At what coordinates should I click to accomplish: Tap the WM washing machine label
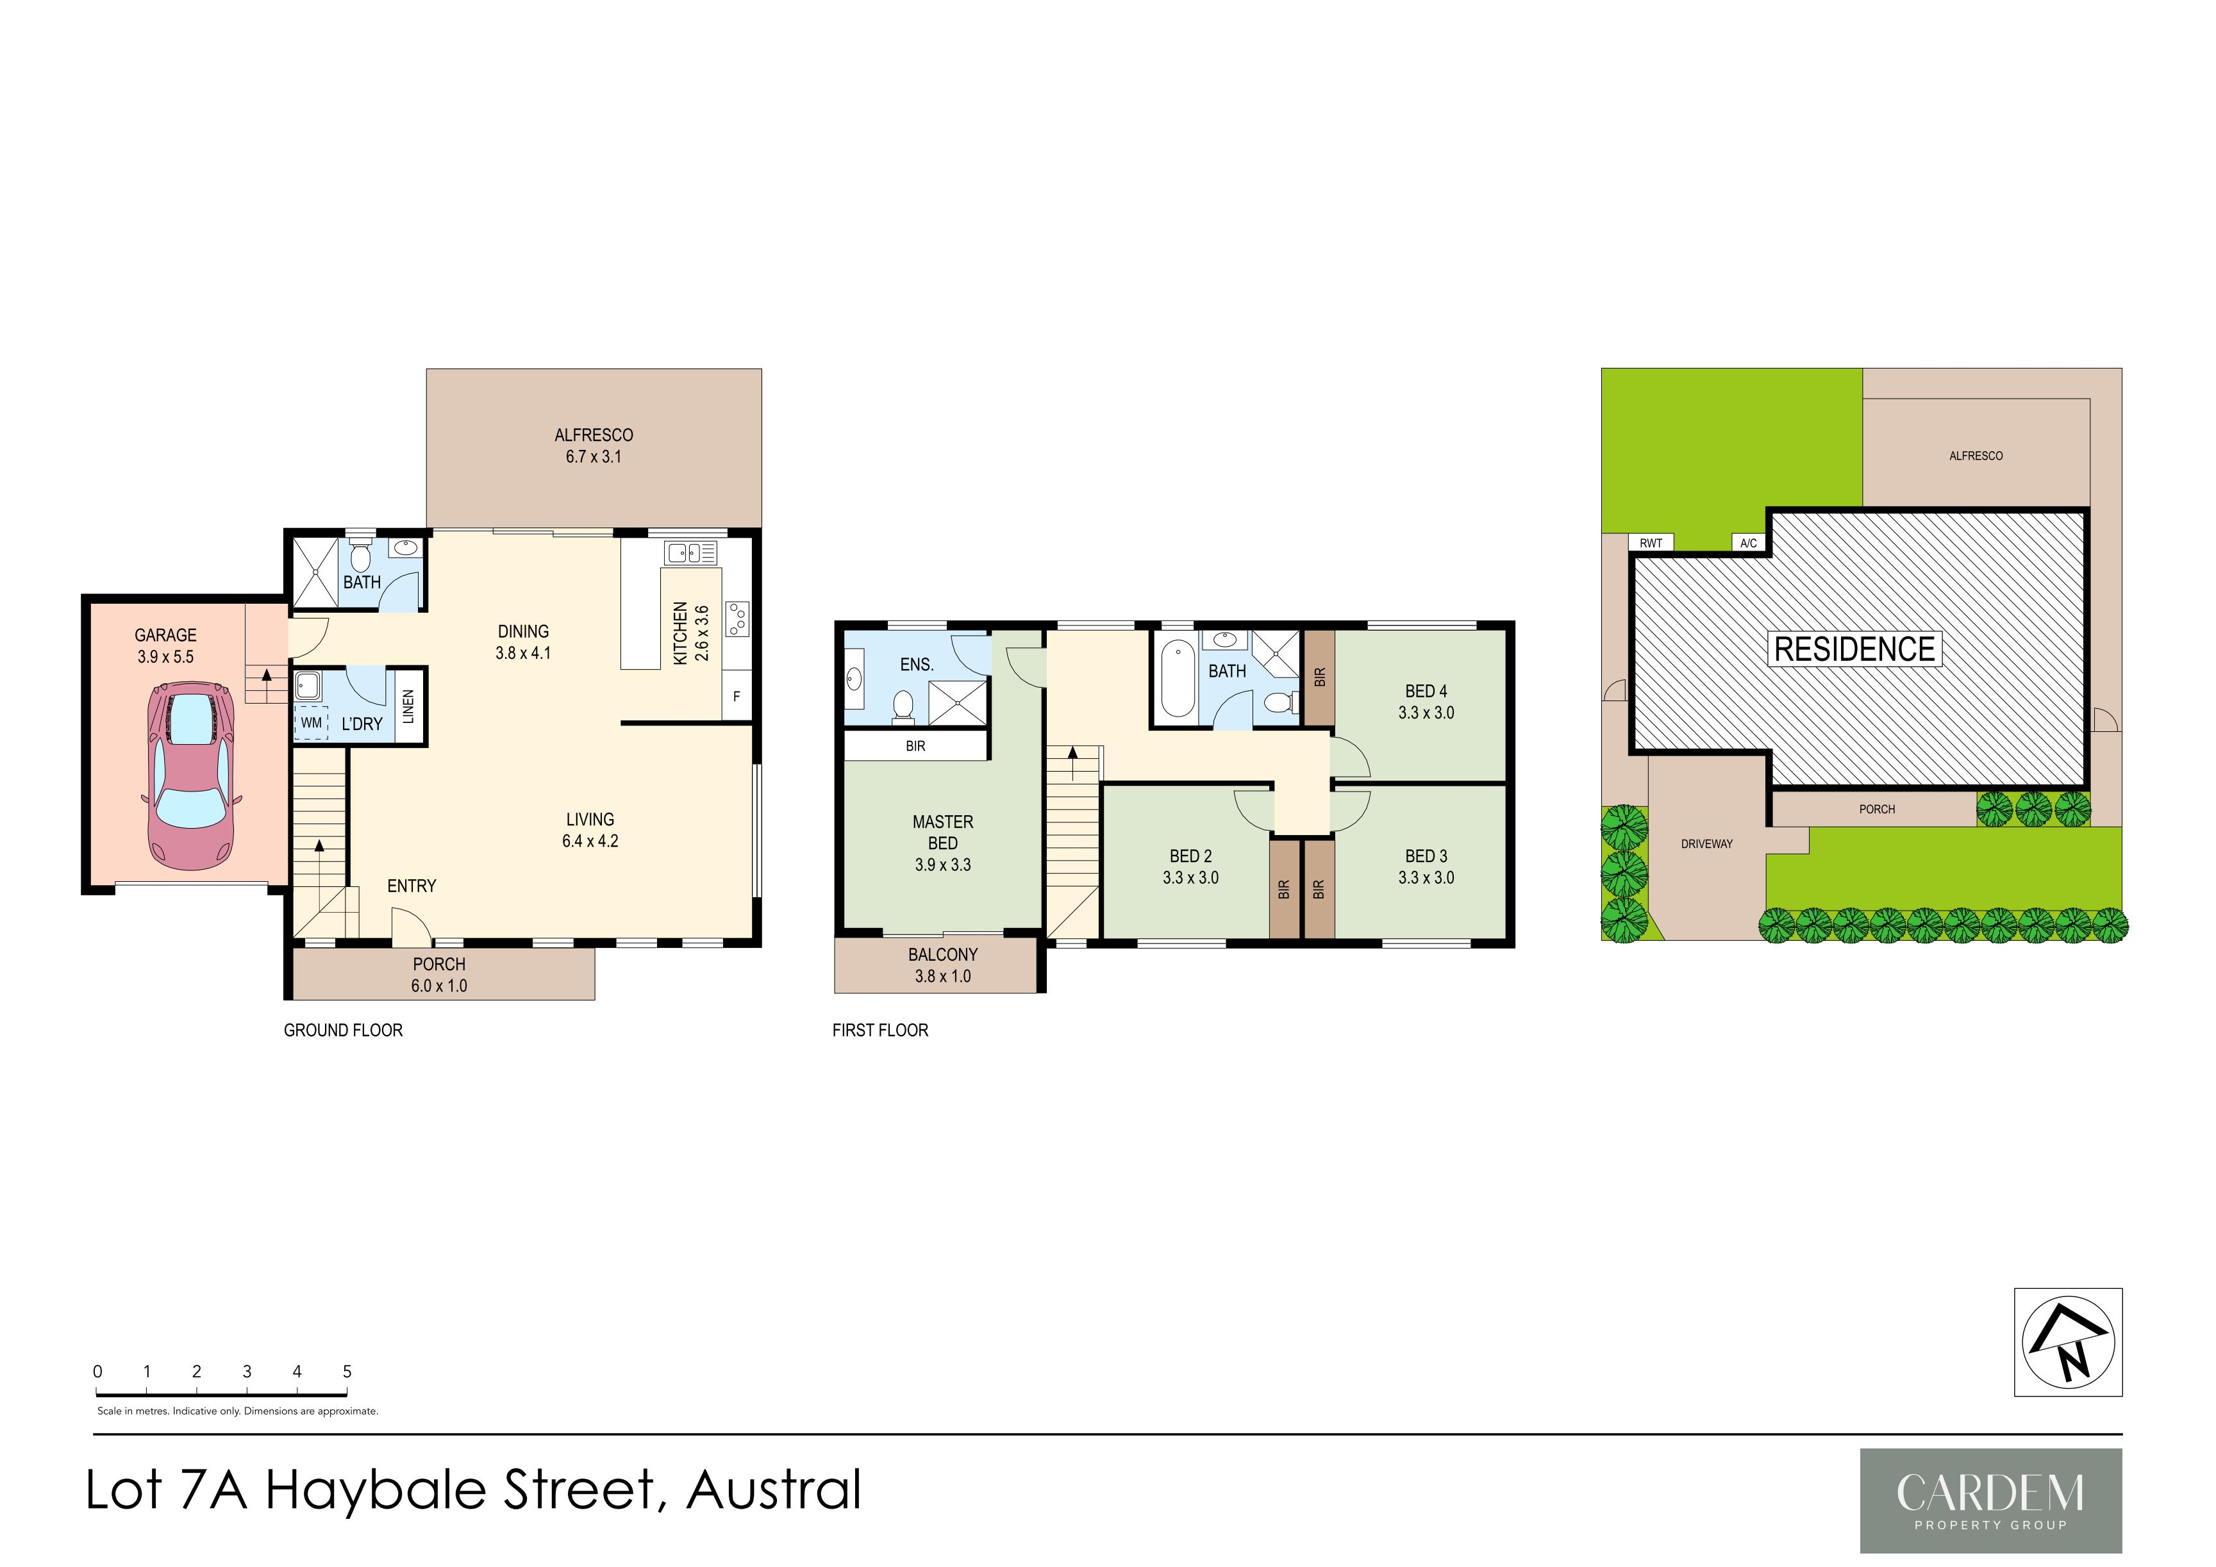click(x=311, y=723)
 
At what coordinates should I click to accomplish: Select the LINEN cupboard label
click(x=408, y=706)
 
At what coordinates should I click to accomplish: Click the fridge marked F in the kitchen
click(x=737, y=695)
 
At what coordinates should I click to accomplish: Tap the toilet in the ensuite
click(x=903, y=706)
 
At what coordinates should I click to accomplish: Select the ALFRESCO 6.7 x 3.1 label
click(x=594, y=446)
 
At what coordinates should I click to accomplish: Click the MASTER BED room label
click(x=943, y=833)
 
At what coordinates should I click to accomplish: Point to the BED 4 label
click(x=1426, y=691)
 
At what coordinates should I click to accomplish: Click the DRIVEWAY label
click(x=1706, y=844)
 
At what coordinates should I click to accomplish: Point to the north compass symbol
click(x=2067, y=1341)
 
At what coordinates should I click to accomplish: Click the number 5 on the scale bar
click(x=347, y=1371)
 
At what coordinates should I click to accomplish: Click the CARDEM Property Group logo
click(x=1990, y=1500)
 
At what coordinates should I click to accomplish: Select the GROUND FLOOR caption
click(x=343, y=1031)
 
